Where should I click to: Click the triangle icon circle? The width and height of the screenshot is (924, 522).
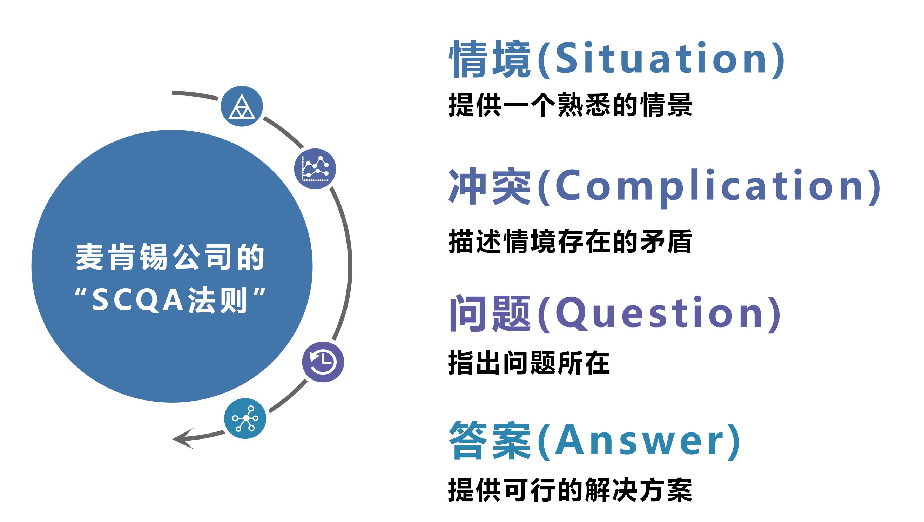[x=242, y=106]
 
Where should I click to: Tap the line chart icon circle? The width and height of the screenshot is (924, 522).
[x=315, y=169]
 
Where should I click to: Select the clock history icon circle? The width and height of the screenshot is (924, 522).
[x=323, y=362]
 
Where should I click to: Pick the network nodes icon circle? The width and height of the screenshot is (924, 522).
[x=245, y=418]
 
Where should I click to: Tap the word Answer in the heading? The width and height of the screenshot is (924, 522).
[x=639, y=440]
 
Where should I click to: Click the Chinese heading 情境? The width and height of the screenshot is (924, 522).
[x=490, y=59]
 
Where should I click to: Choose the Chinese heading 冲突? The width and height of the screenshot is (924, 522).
[x=490, y=187]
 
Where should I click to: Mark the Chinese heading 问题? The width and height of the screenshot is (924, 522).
[x=490, y=313]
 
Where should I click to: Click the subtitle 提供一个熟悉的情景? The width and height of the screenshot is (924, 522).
[x=570, y=105]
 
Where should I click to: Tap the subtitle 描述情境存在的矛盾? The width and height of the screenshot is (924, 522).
[x=570, y=241]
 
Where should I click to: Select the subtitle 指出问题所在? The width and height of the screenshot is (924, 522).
[x=529, y=363]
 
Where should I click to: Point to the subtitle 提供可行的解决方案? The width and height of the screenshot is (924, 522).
[x=570, y=490]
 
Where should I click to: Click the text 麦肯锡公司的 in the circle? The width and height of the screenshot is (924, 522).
[x=170, y=257]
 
